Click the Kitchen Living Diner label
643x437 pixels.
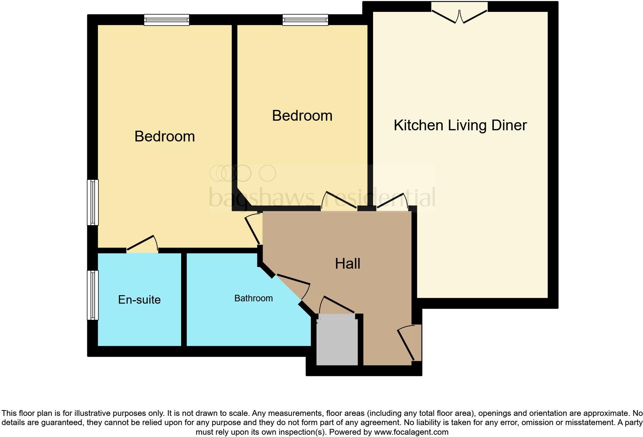460,125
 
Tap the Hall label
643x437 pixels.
347,264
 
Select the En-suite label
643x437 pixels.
139,300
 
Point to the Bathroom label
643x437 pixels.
253,298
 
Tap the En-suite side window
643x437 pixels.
93,295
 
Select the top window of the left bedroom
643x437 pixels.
167,20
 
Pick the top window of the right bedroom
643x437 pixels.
305,20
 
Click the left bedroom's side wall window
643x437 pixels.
93,202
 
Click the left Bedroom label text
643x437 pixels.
165,136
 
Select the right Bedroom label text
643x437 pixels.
302,116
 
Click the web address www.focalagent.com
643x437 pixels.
411,432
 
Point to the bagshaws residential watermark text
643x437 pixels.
322,197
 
